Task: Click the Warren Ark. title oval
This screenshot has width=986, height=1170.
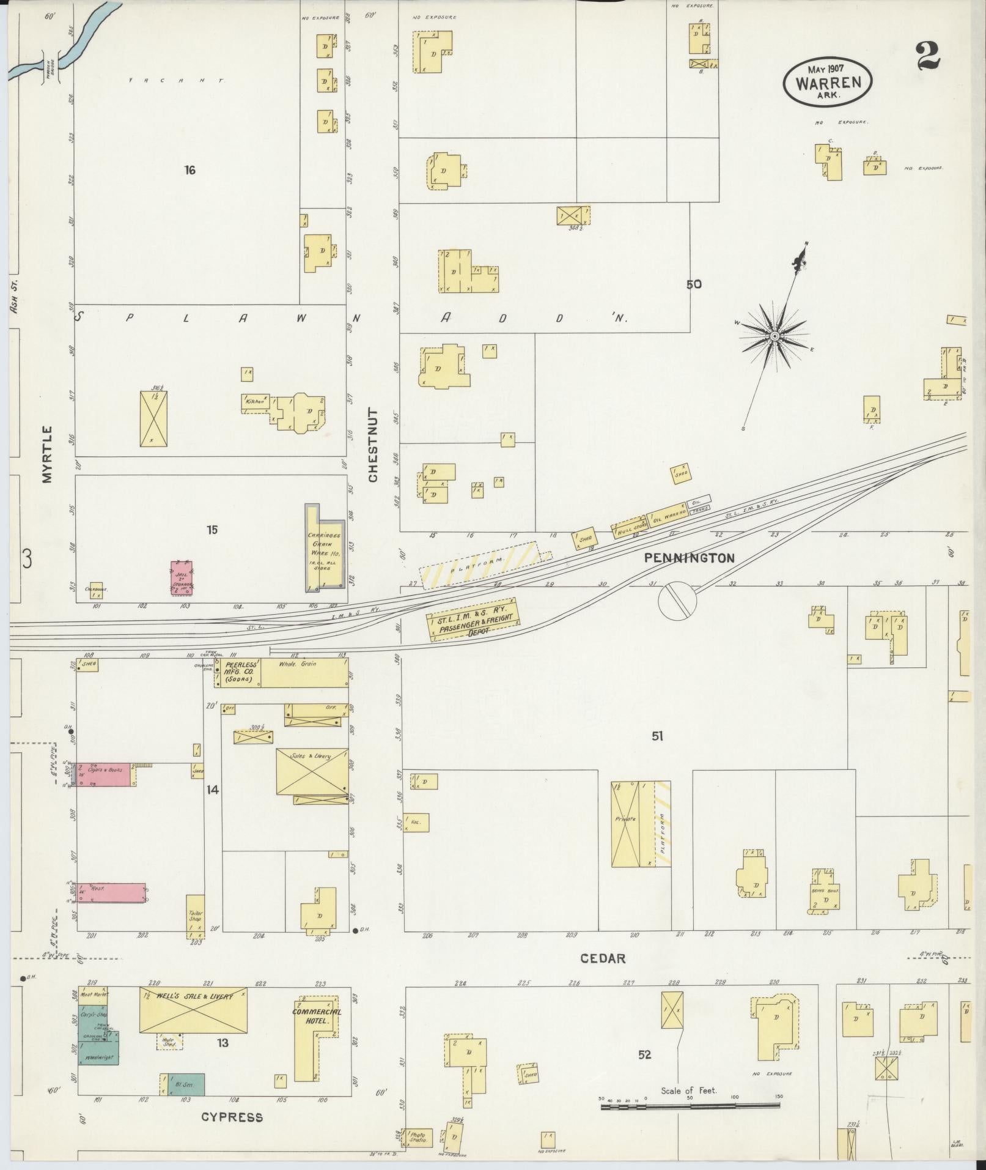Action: [x=828, y=81]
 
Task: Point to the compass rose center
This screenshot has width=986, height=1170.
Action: [x=774, y=336]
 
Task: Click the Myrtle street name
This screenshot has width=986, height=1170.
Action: [x=48, y=456]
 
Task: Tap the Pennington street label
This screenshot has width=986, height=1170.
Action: [x=688, y=558]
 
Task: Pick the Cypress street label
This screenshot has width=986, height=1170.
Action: [x=233, y=1117]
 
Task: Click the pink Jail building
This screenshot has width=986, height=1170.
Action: [x=181, y=578]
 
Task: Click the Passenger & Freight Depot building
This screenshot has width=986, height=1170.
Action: [x=474, y=620]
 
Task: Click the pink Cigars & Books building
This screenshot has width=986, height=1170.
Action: [x=103, y=775]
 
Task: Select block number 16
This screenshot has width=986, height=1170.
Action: [x=189, y=170]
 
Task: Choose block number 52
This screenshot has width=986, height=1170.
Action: [x=644, y=1054]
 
